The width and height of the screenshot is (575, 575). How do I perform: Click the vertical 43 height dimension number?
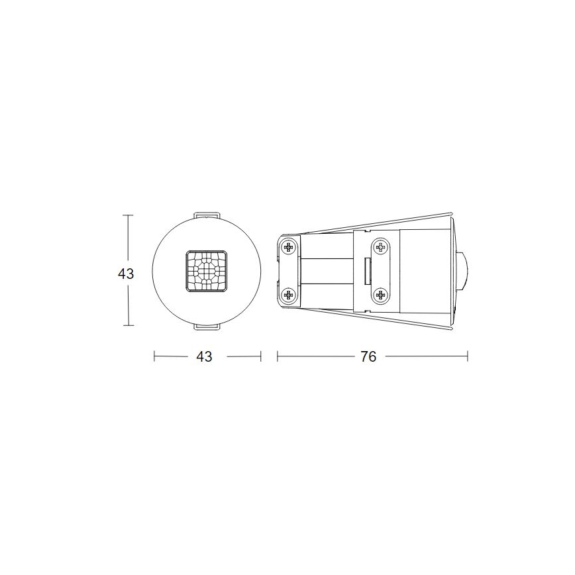[126, 272]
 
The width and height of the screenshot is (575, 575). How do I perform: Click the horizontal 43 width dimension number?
[204, 356]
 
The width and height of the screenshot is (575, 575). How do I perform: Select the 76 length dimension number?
[368, 356]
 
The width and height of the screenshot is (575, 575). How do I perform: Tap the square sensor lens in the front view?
[207, 270]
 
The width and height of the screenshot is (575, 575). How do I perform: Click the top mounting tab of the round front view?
[207, 216]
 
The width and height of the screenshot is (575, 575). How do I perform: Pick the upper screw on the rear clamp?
[288, 248]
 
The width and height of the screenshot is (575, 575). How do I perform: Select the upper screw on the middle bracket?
[380, 247]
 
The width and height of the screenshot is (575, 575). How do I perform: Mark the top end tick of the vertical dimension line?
[129, 215]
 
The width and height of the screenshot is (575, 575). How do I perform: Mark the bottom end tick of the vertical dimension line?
[129, 325]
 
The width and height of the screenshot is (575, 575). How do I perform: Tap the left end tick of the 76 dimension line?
[278, 356]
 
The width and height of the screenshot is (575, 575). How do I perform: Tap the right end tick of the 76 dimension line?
[468, 356]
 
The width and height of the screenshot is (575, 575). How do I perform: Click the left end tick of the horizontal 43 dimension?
[154, 356]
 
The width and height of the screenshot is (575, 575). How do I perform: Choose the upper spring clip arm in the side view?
[371, 223]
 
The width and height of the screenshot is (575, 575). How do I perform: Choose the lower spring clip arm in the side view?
[371, 319]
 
